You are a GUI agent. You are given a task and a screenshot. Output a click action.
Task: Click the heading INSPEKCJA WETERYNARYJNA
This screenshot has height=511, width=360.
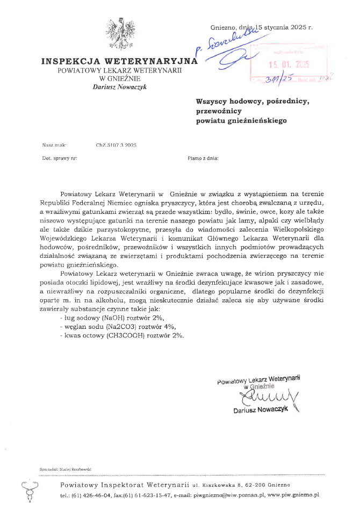tap(120, 61)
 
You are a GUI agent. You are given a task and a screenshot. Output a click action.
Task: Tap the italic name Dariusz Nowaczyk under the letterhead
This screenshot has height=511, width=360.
tap(120, 87)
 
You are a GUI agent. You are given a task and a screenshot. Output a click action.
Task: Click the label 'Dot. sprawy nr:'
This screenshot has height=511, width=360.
tap(59, 159)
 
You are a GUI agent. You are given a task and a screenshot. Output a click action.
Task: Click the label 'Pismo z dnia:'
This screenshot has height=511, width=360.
tap(203, 159)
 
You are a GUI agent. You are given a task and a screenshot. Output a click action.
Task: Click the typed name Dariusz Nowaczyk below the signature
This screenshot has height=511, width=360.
tap(261, 410)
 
